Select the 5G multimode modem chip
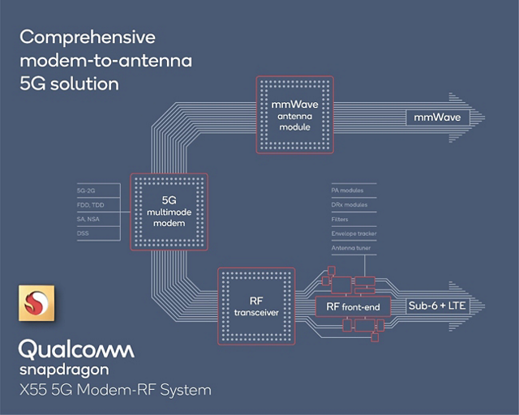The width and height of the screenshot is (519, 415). point(169,212)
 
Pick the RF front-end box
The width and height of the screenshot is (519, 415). point(348,306)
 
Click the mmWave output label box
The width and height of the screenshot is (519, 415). point(437,118)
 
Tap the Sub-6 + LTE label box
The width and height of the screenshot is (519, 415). point(437,306)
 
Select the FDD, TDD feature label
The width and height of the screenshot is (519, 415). point(90,206)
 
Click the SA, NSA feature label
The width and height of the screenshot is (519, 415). point(88,220)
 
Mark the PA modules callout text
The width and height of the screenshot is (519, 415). point(348,190)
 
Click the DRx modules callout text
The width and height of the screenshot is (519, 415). point(350,204)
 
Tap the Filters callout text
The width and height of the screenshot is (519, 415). point(341,219)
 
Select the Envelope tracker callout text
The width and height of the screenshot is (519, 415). point(354,233)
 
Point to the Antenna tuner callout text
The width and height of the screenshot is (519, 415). point(351,248)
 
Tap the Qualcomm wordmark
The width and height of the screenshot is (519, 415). point(76,349)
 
